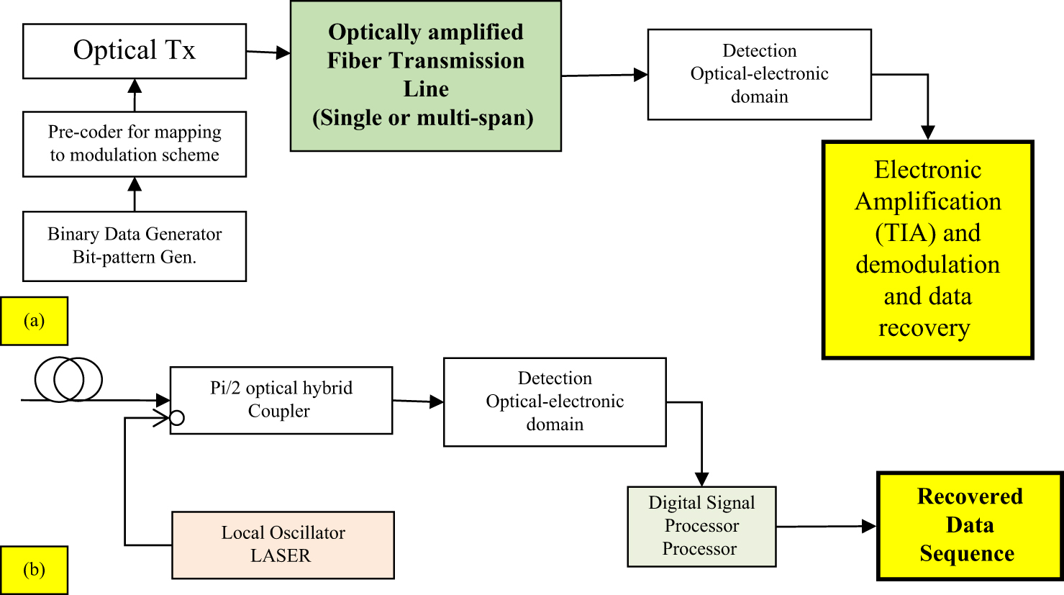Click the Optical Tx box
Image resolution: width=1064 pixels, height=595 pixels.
135,51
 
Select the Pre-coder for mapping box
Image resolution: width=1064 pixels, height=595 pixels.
135,144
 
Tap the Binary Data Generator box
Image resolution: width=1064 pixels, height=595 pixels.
135,246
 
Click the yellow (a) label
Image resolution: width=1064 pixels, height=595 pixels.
34,321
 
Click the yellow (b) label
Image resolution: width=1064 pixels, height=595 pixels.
34,570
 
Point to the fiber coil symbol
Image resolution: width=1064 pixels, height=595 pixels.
68,379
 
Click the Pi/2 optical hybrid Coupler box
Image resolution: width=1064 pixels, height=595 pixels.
281,400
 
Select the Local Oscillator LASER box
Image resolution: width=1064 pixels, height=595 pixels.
283,545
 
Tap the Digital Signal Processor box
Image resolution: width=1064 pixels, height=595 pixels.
701,526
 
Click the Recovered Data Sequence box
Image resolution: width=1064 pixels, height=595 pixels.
970,525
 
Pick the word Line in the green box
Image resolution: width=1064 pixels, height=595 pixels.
426,89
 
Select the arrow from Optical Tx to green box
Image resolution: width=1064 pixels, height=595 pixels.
268,52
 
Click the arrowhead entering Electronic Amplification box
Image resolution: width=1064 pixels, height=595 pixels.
928,132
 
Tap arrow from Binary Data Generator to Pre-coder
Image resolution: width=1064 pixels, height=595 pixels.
135,194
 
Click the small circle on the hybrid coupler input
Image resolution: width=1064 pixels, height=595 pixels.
177,417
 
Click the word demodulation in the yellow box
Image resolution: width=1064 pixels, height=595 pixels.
927,265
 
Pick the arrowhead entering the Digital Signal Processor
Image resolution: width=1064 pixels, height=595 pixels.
701,479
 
